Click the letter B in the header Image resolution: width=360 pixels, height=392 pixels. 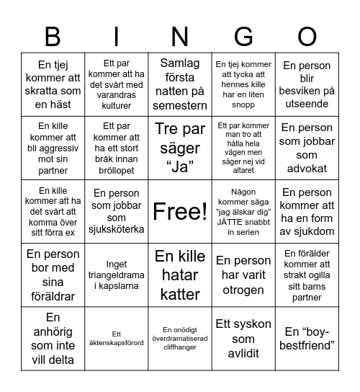(x=53, y=36)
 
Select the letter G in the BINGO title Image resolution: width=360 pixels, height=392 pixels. (x=243, y=36)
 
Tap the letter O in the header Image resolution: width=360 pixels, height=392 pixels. (x=307, y=36)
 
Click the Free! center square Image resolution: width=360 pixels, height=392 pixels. (x=180, y=211)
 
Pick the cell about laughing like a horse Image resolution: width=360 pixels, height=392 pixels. (x=53, y=85)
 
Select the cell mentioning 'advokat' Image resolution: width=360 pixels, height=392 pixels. (x=307, y=148)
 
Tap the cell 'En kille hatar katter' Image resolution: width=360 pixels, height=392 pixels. (x=180, y=275)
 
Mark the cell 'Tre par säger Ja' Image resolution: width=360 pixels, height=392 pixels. (x=180, y=148)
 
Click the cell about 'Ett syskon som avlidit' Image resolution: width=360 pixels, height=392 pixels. (x=243, y=338)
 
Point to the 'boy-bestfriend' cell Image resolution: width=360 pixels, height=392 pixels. (x=307, y=338)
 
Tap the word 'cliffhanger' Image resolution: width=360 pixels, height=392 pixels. (x=180, y=347)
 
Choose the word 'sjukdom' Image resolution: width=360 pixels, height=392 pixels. (x=307, y=231)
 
